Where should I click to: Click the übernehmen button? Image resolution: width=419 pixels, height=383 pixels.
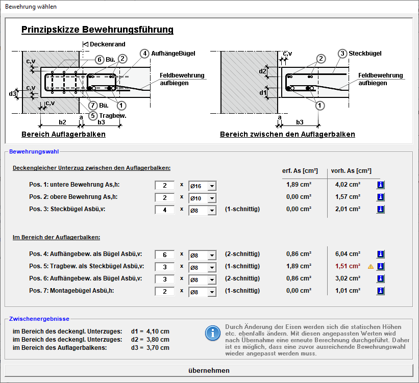pyautogui.click(x=209, y=370)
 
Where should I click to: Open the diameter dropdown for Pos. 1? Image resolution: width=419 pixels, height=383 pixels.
pyautogui.click(x=212, y=186)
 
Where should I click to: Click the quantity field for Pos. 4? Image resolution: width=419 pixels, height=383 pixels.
pyautogui.click(x=165, y=255)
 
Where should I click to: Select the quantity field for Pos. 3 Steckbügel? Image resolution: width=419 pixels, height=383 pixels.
pyautogui.click(x=165, y=210)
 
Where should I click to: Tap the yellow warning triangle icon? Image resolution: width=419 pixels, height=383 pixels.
pyautogui.click(x=371, y=266)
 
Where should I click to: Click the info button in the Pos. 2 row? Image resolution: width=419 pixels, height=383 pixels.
pyautogui.click(x=381, y=197)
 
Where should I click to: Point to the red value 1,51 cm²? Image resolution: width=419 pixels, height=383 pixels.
pyautogui.click(x=348, y=266)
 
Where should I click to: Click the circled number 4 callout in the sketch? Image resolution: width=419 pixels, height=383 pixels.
pyautogui.click(x=144, y=54)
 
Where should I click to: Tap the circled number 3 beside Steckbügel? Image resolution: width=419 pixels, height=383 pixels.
pyautogui.click(x=342, y=54)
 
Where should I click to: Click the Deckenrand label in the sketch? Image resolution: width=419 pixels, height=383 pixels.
pyautogui.click(x=107, y=44)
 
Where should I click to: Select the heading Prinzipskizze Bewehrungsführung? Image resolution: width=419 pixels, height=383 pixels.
pyautogui.click(x=97, y=30)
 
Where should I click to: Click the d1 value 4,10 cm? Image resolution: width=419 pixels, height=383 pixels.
pyautogui.click(x=158, y=331)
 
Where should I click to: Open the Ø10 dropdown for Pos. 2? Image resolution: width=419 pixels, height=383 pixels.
pyautogui.click(x=212, y=198)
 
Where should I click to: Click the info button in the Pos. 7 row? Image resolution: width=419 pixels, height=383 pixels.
pyautogui.click(x=381, y=291)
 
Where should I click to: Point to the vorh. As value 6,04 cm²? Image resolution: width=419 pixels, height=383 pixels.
pyautogui.click(x=348, y=254)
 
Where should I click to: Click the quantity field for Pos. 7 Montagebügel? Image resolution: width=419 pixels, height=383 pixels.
pyautogui.click(x=165, y=291)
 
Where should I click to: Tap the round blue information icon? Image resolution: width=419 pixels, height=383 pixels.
pyautogui.click(x=213, y=334)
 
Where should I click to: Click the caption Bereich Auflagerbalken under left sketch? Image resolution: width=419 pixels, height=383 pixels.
pyautogui.click(x=63, y=134)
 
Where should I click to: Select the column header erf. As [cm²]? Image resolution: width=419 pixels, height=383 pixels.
pyautogui.click(x=300, y=171)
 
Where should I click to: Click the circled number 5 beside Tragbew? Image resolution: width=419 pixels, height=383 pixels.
pyautogui.click(x=93, y=116)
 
